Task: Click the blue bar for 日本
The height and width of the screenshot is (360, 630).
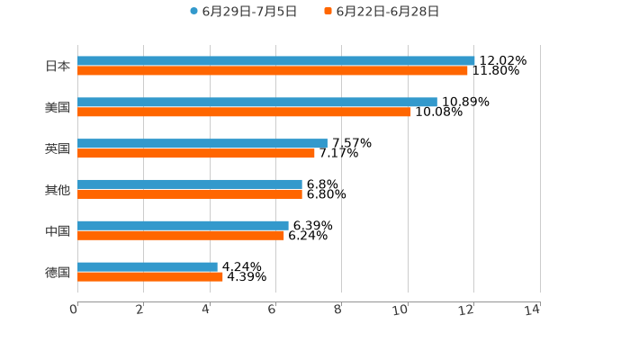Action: [x=275, y=61]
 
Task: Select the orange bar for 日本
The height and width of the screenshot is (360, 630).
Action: [x=272, y=71]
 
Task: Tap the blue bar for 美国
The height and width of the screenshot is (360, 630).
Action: [x=257, y=103]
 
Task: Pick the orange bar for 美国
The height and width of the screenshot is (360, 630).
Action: [x=244, y=112]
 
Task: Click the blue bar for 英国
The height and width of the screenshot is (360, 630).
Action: [x=202, y=143]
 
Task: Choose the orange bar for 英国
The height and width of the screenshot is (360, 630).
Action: [x=196, y=153]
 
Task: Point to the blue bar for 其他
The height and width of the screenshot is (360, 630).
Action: [x=190, y=184]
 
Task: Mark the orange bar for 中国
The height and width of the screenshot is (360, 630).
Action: [x=181, y=236]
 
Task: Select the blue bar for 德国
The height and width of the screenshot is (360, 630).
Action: [x=148, y=266]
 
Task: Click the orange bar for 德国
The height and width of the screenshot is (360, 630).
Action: [x=150, y=277]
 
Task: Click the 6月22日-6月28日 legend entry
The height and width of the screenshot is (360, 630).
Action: [x=382, y=12]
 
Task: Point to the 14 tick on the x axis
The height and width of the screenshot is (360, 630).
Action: [x=534, y=310]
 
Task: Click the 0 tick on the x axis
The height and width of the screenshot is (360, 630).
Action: [x=74, y=310]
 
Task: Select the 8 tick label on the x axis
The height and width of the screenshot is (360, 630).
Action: [x=338, y=310]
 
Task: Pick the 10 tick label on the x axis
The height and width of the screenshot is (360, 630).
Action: [x=402, y=310]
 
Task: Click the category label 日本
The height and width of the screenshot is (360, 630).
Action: [x=58, y=66]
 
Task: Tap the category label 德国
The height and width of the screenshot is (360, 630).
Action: [x=58, y=272]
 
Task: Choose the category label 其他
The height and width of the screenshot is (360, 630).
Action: [x=58, y=190]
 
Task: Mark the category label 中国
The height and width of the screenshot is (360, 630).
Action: [x=58, y=231]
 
